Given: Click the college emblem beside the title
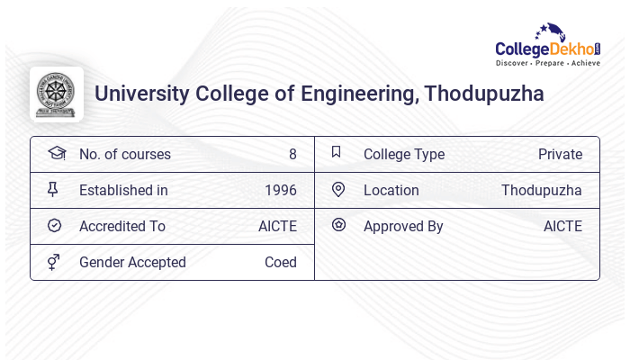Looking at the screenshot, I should (x=56, y=94).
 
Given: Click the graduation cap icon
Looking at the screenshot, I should (x=56, y=153).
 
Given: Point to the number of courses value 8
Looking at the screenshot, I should (x=292, y=154).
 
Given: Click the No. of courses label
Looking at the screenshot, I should (x=124, y=154).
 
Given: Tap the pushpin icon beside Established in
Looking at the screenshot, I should (x=53, y=189).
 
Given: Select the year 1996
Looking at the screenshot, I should (x=280, y=190).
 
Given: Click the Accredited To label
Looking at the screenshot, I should (x=121, y=226).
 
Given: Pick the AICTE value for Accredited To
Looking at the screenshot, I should (x=277, y=226).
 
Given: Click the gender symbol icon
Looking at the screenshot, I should (x=53, y=262).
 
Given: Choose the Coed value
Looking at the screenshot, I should (x=280, y=262).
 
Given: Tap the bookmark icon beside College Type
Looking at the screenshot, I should (x=337, y=152).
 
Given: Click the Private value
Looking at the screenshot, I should (x=560, y=154).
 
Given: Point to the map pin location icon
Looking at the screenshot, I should (x=338, y=189).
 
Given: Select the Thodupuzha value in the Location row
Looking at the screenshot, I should (x=541, y=190).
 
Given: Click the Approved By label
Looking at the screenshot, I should (x=403, y=226).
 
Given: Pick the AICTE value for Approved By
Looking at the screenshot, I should (x=562, y=226).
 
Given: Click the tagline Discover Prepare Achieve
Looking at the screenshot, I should (x=547, y=64).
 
